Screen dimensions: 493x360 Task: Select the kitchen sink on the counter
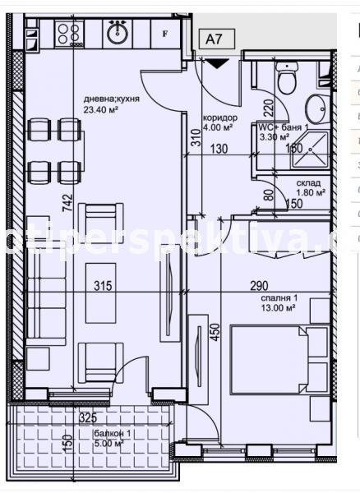116,33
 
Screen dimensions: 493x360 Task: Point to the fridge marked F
166,33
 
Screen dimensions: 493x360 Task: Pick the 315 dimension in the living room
101,287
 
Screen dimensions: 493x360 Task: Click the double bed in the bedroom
280,360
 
